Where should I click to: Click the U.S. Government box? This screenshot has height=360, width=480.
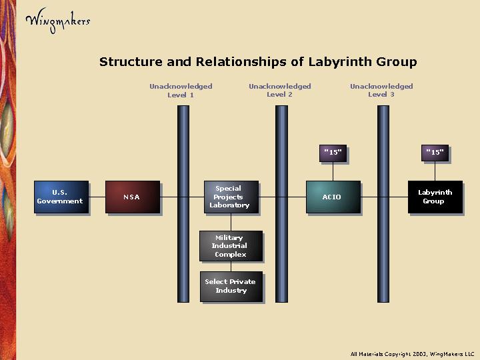[61, 197]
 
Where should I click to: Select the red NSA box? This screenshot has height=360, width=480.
[132, 197]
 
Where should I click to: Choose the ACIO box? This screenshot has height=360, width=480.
[333, 197]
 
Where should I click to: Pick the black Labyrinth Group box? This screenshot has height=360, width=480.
[435, 197]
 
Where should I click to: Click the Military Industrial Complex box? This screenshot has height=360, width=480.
[231, 246]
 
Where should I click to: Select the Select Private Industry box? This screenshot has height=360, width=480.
[231, 286]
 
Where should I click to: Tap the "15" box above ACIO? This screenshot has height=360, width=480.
[333, 153]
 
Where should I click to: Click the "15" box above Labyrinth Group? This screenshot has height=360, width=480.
[435, 153]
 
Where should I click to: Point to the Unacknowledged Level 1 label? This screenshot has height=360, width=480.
[181, 90]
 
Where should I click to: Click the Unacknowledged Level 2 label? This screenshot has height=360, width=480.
[280, 90]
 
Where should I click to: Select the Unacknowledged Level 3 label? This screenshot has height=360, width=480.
[381, 90]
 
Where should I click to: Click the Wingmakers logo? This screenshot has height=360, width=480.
[57, 20]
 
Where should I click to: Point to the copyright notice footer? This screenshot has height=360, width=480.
[412, 353]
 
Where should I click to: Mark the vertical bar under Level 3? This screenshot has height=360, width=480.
[383, 253]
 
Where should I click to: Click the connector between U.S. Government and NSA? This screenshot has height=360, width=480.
[97, 197]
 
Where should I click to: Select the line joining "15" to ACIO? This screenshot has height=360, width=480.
[333, 171]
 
